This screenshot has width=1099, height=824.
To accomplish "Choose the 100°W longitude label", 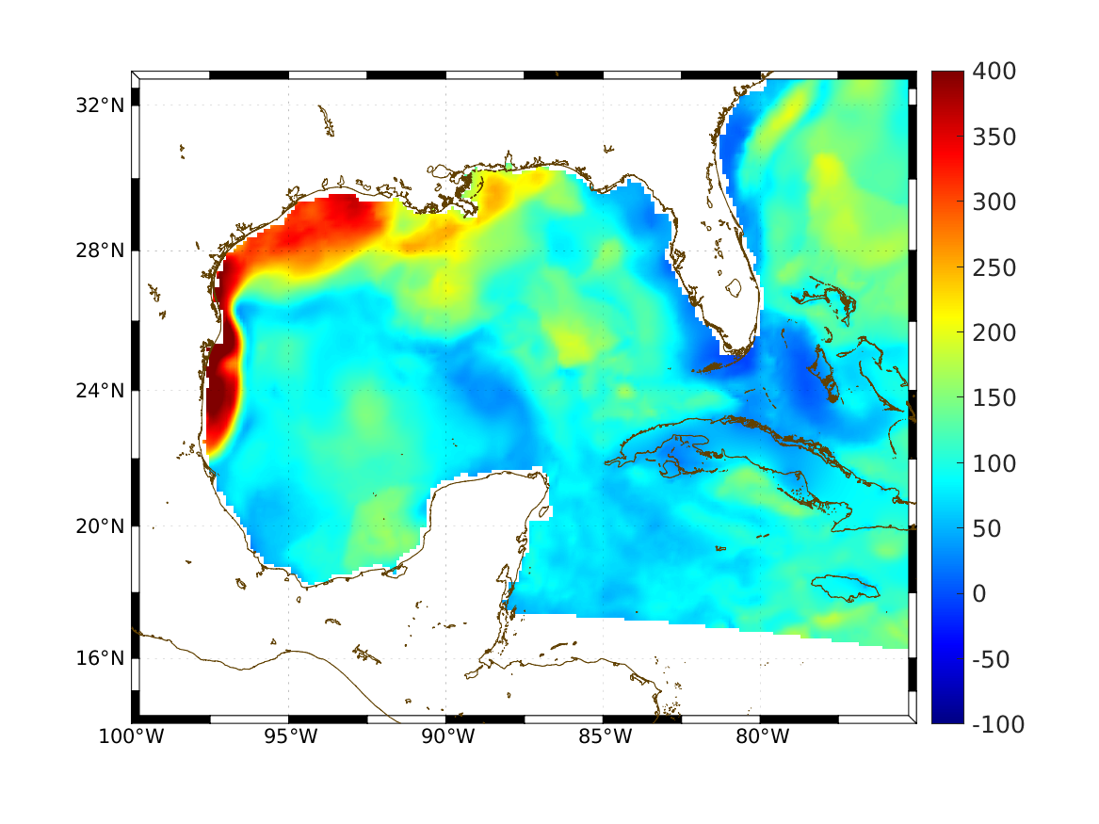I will (131, 736).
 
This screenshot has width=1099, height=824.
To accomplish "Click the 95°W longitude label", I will (289, 736).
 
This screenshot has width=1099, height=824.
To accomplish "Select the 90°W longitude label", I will (446, 736).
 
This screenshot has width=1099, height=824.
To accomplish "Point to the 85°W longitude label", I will (604, 736).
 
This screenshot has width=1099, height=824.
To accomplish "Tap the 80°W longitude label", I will (761, 736).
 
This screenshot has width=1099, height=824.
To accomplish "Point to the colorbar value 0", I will (981, 594).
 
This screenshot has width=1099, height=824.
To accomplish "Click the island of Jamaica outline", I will (845, 588).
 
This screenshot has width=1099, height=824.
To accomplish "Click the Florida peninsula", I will (730, 273).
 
